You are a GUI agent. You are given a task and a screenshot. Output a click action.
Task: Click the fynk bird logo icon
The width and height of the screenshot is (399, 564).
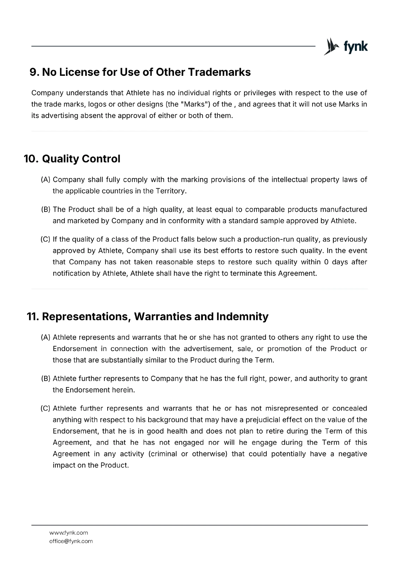pos(331,47)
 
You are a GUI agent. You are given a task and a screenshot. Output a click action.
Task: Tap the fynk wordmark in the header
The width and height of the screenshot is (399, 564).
pos(356,47)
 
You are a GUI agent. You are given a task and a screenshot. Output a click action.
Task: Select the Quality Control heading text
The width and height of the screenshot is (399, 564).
pos(81,159)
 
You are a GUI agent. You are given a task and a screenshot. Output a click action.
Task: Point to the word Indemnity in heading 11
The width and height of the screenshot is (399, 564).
pos(242,316)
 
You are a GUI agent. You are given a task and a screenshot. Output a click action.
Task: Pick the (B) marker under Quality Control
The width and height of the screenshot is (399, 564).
pos(46,209)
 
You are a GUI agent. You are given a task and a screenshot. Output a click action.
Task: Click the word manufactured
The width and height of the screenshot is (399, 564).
pos(343,209)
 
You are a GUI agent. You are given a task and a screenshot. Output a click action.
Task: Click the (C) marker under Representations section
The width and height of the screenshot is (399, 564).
pos(46,408)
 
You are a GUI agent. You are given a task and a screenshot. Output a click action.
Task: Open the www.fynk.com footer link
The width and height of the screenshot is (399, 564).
pos(68,533)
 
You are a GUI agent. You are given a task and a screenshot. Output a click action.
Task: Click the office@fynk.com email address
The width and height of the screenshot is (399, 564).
pos(71,541)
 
